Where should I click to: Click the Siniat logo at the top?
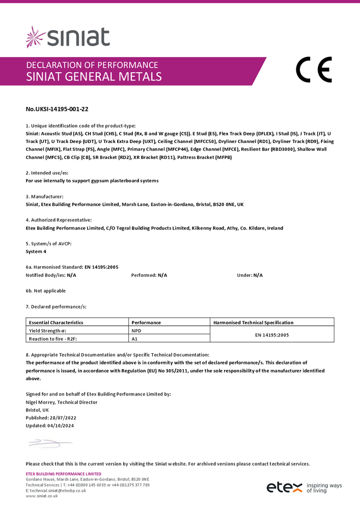click(x=68, y=37)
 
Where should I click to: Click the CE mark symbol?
click(x=314, y=70)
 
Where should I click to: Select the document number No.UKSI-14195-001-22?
click(x=53, y=109)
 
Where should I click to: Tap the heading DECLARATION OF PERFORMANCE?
click(x=92, y=65)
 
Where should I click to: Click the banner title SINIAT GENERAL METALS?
click(x=94, y=77)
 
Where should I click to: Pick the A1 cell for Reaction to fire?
click(x=134, y=338)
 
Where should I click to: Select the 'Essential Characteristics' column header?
click(x=56, y=322)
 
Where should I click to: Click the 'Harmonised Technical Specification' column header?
click(x=253, y=322)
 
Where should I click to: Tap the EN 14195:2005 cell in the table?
click(x=272, y=334)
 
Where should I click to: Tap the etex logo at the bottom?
click(x=284, y=488)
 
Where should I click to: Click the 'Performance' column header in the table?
click(x=146, y=322)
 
